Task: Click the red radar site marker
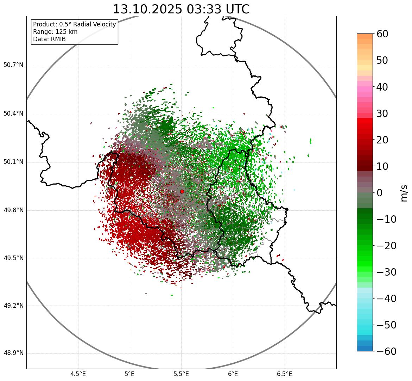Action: [182, 191]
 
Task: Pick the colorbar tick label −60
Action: [386, 351]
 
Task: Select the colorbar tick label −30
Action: [386, 272]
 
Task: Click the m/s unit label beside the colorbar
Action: [405, 193]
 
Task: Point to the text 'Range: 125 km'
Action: [55, 32]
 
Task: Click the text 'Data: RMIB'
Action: [49, 39]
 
